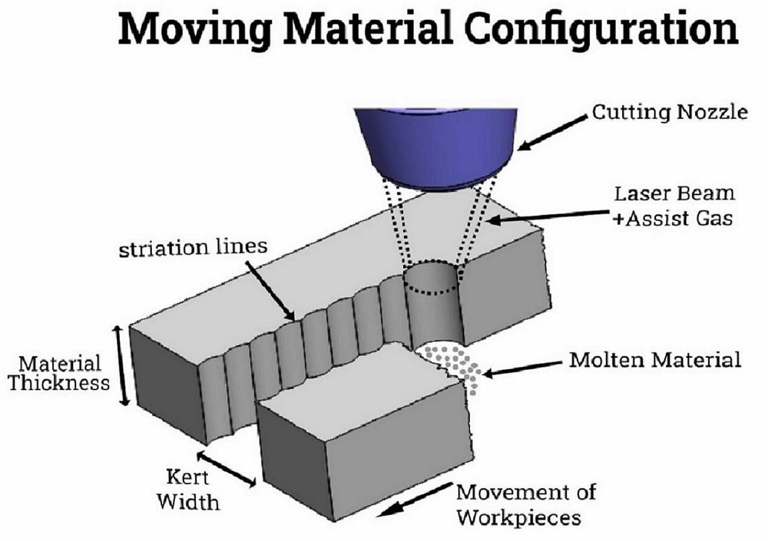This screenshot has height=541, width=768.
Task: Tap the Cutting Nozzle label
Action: tap(668, 113)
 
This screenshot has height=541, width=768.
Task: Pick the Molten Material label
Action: tap(655, 359)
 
